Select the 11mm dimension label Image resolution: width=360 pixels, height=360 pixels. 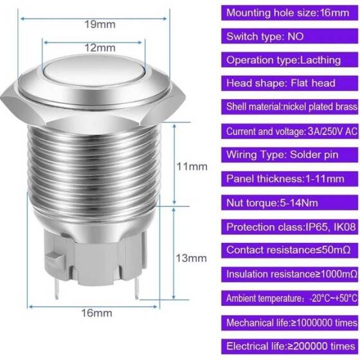pyautogui.click(x=193, y=166)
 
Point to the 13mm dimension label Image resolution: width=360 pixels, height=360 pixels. pyautogui.click(x=193, y=258)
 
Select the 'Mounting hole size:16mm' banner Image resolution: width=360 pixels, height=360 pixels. pyautogui.click(x=290, y=12)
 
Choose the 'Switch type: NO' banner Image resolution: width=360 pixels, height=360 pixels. pyautogui.click(x=290, y=35)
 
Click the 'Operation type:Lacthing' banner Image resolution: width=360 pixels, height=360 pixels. pyautogui.click(x=290, y=59)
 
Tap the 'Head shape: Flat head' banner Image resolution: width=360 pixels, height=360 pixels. pyautogui.click(x=290, y=83)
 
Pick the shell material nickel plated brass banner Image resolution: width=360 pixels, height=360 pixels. pyautogui.click(x=290, y=107)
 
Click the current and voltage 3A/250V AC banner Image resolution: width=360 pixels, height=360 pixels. pyautogui.click(x=290, y=130)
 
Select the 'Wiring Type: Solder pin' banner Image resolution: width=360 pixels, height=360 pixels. pyautogui.click(x=290, y=155)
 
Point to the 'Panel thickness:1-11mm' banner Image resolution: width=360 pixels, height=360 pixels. pyautogui.click(x=290, y=179)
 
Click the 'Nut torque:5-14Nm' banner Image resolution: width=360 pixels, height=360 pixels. pyautogui.click(x=290, y=203)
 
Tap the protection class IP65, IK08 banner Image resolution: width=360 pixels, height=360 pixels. pyautogui.click(x=290, y=226)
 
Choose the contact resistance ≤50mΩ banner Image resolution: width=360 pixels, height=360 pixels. pyautogui.click(x=290, y=250)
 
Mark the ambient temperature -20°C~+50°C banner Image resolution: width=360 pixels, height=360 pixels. pyautogui.click(x=290, y=298)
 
